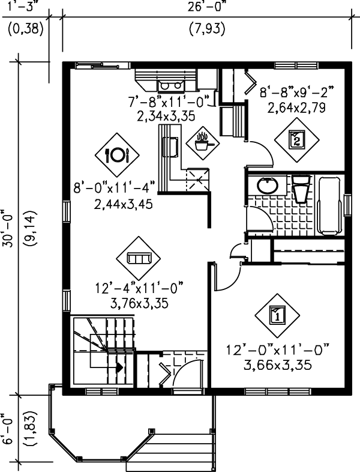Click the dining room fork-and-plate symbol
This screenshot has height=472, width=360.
pos(117,155)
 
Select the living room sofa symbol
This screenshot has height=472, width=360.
pos(139,258)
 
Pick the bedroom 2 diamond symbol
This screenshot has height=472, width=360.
pos(296,140)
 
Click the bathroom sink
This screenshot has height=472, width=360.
pos(265,185)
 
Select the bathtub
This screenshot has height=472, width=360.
pos(329,205)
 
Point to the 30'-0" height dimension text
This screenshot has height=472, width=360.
pos(8,225)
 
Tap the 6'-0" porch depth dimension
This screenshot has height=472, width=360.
pos(8,428)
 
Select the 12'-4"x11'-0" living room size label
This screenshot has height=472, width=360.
pos(138,288)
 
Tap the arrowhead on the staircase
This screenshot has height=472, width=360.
pos(120,366)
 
